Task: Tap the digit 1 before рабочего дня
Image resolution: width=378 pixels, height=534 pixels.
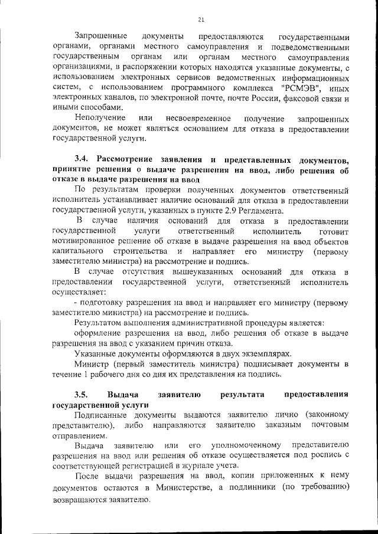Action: tap(86, 374)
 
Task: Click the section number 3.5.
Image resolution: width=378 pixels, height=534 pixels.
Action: tap(82, 394)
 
